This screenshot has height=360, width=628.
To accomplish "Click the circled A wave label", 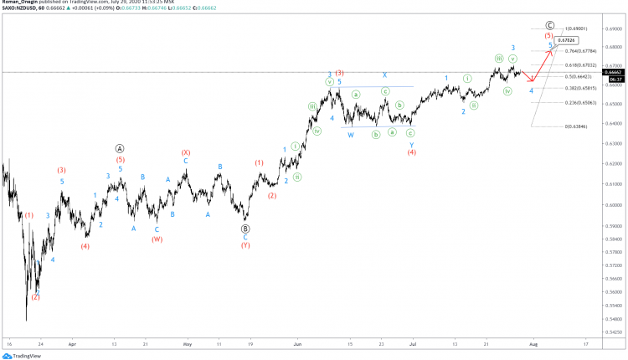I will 121,148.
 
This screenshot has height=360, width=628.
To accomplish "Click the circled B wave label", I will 245,228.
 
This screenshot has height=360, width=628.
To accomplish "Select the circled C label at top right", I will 549,25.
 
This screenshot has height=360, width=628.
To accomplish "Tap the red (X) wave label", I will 186,152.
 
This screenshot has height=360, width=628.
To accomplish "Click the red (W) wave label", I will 157,239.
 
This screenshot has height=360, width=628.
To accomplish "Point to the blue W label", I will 351,135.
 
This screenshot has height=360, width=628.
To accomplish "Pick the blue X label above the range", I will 384,75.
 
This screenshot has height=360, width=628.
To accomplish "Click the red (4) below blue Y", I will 411,152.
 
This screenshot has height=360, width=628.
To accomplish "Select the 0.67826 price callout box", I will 571,39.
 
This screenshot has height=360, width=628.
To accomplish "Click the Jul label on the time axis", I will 413,343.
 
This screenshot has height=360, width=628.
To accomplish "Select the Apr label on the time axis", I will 72,343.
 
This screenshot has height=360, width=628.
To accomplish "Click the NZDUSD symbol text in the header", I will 23,9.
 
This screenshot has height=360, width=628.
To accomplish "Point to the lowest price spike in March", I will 26,320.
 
